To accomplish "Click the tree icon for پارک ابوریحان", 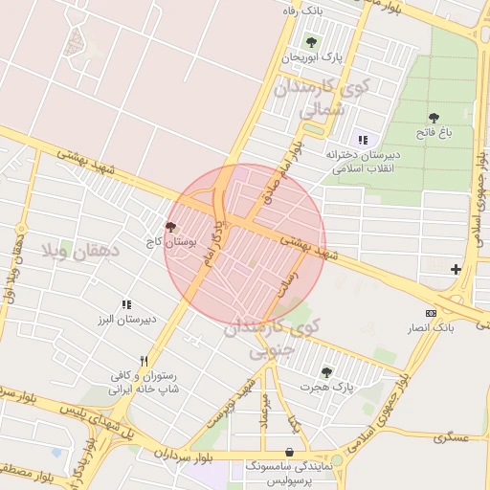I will (310, 41).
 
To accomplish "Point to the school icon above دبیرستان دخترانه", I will (363, 140).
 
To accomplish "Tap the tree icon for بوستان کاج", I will (171, 227).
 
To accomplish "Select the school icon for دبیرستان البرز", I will (126, 304).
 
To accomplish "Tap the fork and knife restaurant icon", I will (144, 362).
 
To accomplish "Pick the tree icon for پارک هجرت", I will (326, 372).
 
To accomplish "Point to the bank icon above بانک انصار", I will (431, 313).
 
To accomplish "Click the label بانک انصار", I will (432, 327).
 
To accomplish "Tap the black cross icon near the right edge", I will (456, 269).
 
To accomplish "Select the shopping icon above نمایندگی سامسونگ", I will (289, 452).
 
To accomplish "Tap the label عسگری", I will (451, 438).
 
